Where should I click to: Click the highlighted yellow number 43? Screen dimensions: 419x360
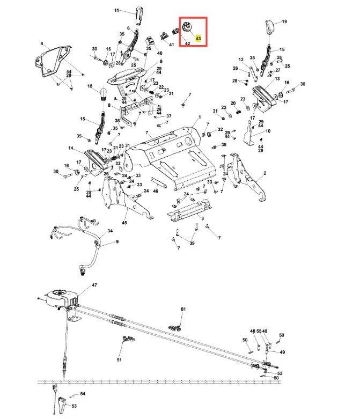[199, 39]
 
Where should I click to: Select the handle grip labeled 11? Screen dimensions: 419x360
[140, 16]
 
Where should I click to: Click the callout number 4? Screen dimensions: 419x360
[41, 43]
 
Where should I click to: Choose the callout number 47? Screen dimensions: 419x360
[94, 284]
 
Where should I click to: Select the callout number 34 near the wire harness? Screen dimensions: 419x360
[110, 231]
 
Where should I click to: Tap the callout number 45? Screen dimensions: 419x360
[124, 223]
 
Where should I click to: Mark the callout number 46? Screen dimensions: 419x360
[156, 190]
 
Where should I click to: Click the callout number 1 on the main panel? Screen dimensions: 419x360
[199, 116]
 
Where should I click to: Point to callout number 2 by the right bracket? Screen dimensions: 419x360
[265, 174]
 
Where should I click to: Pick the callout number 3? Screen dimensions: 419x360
[202, 219]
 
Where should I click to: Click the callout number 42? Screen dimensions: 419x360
[188, 42]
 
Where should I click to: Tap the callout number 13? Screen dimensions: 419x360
[277, 79]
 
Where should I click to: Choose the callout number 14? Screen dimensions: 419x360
[71, 148]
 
